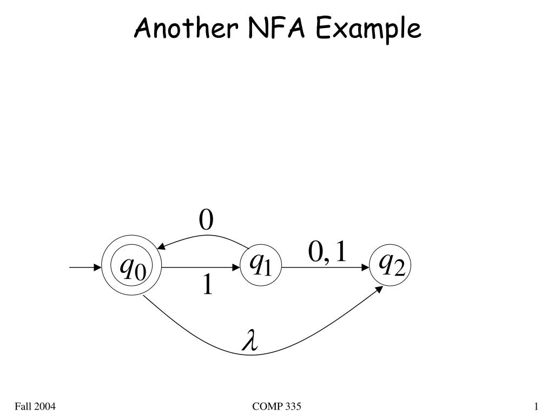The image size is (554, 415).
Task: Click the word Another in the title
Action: tap(186, 28)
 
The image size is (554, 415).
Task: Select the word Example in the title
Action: tap(368, 29)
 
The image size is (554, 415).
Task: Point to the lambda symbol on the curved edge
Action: tap(250, 340)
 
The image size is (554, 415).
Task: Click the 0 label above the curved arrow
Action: tap(206, 219)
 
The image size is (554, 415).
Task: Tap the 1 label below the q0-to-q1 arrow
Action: tap(208, 284)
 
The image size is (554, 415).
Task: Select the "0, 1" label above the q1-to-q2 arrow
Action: tap(327, 252)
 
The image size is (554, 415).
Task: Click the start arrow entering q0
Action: tap(85, 267)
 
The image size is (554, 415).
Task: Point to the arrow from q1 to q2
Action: tap(326, 267)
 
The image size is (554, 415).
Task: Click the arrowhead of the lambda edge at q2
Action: tap(379, 289)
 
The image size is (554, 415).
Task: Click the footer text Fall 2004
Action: tap(35, 406)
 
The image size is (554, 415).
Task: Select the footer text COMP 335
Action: tap(276, 406)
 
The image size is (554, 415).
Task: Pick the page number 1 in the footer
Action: tap(536, 406)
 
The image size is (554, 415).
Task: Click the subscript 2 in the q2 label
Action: tap(400, 270)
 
